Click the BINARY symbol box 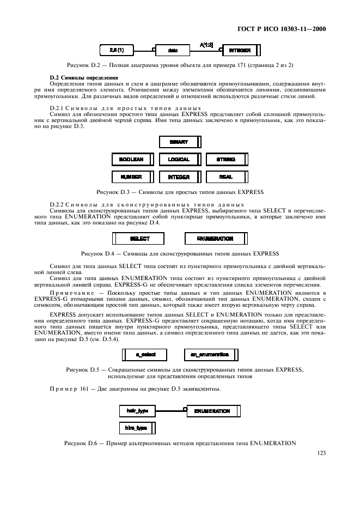pyautogui.click(x=180, y=142)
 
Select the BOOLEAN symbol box pyautogui.click(x=132, y=160)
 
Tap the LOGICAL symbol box pyautogui.click(x=180, y=160)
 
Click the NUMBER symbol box pyautogui.click(x=132, y=177)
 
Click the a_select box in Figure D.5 pyautogui.click(x=145, y=355)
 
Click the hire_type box pyautogui.click(x=137, y=428)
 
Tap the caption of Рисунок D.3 pyautogui.click(x=180, y=192)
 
